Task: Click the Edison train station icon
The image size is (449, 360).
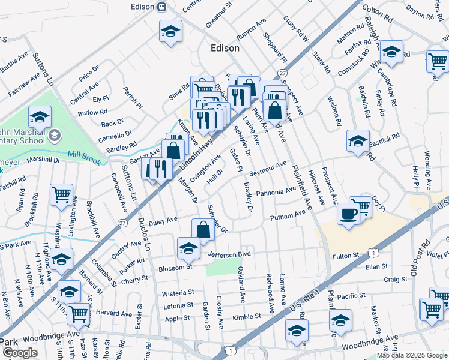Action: coord(161,7)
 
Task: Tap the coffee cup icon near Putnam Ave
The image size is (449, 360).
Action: coord(349,214)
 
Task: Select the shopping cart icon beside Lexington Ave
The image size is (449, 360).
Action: coord(62,195)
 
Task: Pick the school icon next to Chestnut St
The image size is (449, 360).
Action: coord(170,31)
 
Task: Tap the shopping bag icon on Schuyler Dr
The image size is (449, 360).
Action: coord(203,230)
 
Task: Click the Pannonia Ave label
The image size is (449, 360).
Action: coord(276,192)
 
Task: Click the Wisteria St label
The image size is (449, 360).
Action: coord(178,293)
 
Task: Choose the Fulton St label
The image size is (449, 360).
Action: coord(345,256)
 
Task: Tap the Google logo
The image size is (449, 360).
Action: coord(20,353)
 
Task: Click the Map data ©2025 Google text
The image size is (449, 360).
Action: coord(412,355)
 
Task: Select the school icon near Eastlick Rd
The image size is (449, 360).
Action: coord(358,141)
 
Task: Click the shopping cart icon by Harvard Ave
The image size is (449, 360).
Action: coord(78,314)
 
